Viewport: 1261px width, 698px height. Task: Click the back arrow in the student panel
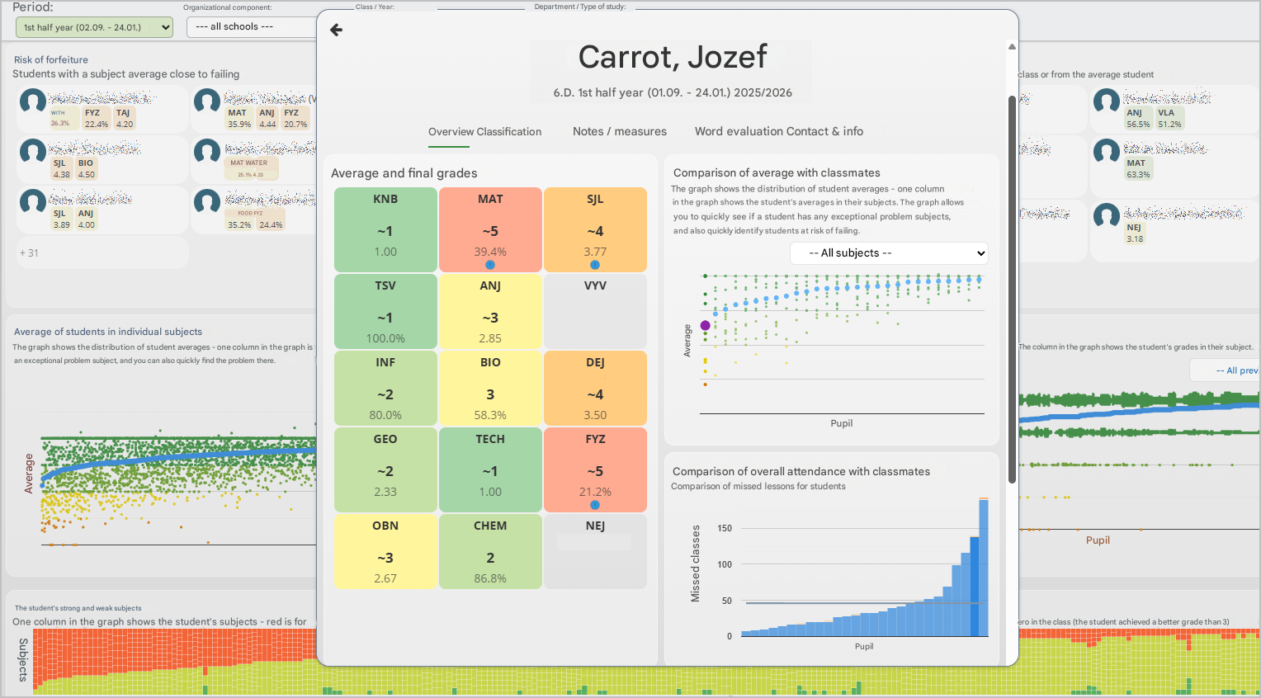(336, 30)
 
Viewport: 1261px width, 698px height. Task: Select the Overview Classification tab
(484, 132)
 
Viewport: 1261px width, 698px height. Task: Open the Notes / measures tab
(619, 132)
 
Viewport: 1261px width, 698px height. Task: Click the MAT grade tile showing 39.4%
(490, 229)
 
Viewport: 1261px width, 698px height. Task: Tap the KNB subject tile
(385, 229)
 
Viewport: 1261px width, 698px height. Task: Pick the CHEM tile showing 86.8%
(490, 551)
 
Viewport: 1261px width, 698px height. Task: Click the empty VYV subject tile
(595, 310)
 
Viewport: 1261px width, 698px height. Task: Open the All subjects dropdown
(889, 253)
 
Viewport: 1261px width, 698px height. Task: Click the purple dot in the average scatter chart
(705, 326)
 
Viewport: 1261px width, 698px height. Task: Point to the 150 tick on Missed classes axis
(725, 528)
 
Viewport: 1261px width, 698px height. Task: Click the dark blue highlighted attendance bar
(975, 586)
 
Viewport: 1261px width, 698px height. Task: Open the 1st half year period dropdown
(94, 27)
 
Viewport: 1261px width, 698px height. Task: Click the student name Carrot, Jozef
(673, 57)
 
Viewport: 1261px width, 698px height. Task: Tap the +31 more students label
(29, 253)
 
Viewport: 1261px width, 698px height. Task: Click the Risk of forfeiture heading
(51, 60)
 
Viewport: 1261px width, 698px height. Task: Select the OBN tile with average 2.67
(385, 551)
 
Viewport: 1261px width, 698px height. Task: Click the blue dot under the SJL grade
(595, 265)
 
